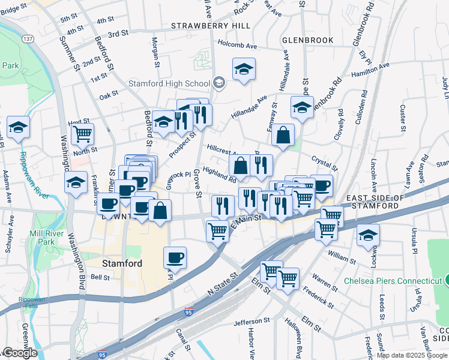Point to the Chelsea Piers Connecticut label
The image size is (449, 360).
click(x=393, y=281)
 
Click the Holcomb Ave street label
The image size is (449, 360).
click(x=237, y=46)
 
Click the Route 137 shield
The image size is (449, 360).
click(x=28, y=38)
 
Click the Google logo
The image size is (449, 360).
click(x=20, y=352)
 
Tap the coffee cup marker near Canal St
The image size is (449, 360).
click(x=175, y=257)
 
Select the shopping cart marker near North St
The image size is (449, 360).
click(x=82, y=133)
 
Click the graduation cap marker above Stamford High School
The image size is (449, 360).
click(x=244, y=69)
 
